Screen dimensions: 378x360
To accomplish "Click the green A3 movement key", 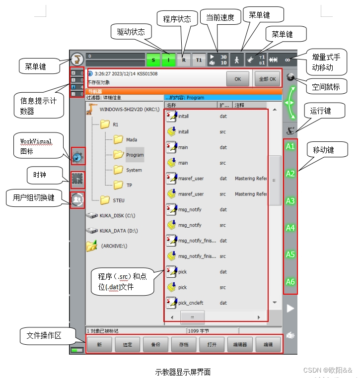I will coord(290,201).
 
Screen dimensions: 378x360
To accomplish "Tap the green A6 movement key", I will coord(290,282).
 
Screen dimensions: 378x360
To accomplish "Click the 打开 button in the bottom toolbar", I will coord(212,344).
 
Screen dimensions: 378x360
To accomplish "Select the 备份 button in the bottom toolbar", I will coord(155,344).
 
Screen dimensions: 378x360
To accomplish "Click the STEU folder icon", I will coord(105,200).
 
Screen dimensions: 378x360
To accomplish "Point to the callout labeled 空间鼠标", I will coord(326,87).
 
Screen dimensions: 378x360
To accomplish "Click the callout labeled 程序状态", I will coord(177,19).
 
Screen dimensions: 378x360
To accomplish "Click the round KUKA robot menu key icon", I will coord(77,60).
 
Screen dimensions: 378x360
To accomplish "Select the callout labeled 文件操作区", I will coord(44,336).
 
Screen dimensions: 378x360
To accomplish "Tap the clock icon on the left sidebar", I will coord(77,178).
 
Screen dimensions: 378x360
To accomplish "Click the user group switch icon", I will coord(77,199).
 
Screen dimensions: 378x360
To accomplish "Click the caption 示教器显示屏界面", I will coord(183,372).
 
